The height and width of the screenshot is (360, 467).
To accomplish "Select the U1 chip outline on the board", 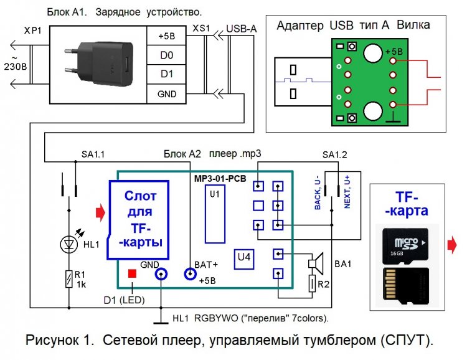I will click(x=215, y=215).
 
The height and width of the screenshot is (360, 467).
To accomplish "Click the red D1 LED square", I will click(x=132, y=273).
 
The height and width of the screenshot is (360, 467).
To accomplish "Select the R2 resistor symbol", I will click(x=311, y=285).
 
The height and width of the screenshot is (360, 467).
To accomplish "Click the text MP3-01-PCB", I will click(x=219, y=178).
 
